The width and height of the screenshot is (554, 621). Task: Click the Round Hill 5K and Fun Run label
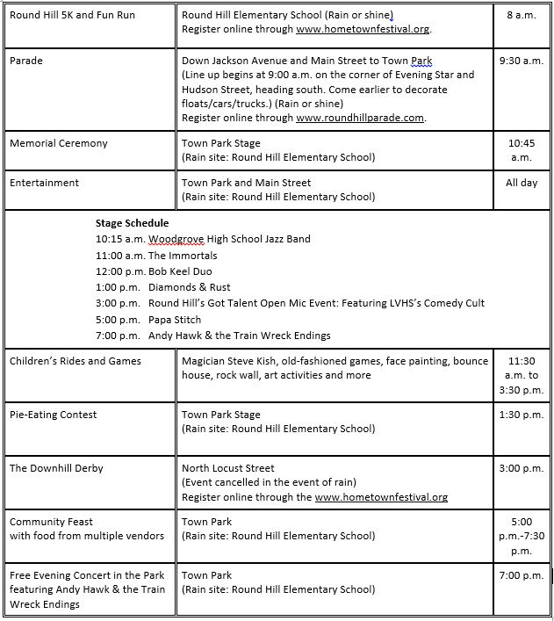[x=72, y=15]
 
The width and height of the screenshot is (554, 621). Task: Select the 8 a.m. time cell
[x=521, y=15]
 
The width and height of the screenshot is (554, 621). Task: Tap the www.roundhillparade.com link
[x=360, y=118]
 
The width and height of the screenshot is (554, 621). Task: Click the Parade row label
[x=26, y=61]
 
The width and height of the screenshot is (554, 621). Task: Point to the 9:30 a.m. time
[x=521, y=61]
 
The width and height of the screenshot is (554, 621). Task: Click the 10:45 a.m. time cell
[x=521, y=150]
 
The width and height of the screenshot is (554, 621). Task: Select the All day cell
[x=521, y=183]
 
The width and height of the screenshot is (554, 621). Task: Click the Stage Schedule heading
[x=133, y=223]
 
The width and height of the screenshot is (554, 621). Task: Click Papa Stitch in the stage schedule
[x=175, y=320]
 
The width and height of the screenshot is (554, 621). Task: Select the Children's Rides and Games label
[x=76, y=361]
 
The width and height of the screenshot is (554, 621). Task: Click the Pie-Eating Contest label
[x=54, y=415]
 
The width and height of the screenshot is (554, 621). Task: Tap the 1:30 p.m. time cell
[x=521, y=415]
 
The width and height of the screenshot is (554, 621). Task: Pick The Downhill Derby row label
[x=56, y=468]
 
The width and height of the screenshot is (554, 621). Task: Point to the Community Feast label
[x=51, y=522]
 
